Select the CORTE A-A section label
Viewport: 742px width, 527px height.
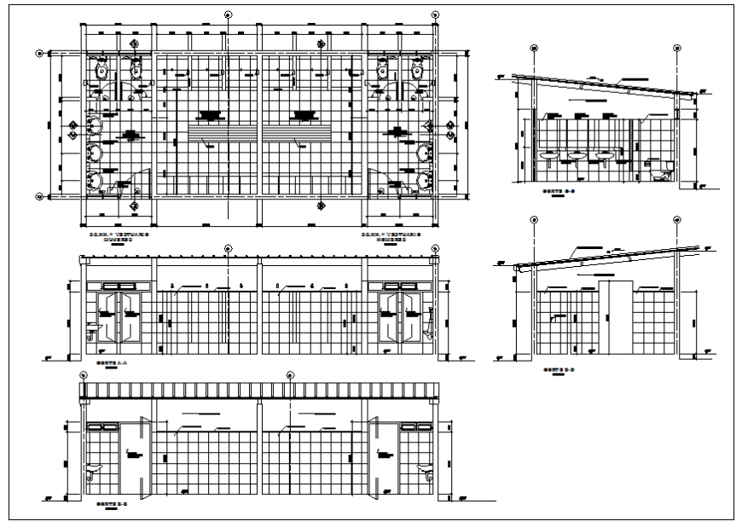click(x=107, y=363)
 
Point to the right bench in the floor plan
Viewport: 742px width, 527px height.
click(x=299, y=134)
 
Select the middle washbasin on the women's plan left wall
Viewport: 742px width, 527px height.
click(x=96, y=153)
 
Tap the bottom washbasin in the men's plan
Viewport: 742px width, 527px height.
click(x=424, y=180)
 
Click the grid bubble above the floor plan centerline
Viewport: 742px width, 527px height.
click(x=228, y=14)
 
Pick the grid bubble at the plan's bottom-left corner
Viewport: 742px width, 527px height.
click(x=39, y=196)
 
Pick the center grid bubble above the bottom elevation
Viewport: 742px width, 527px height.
click(x=290, y=375)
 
